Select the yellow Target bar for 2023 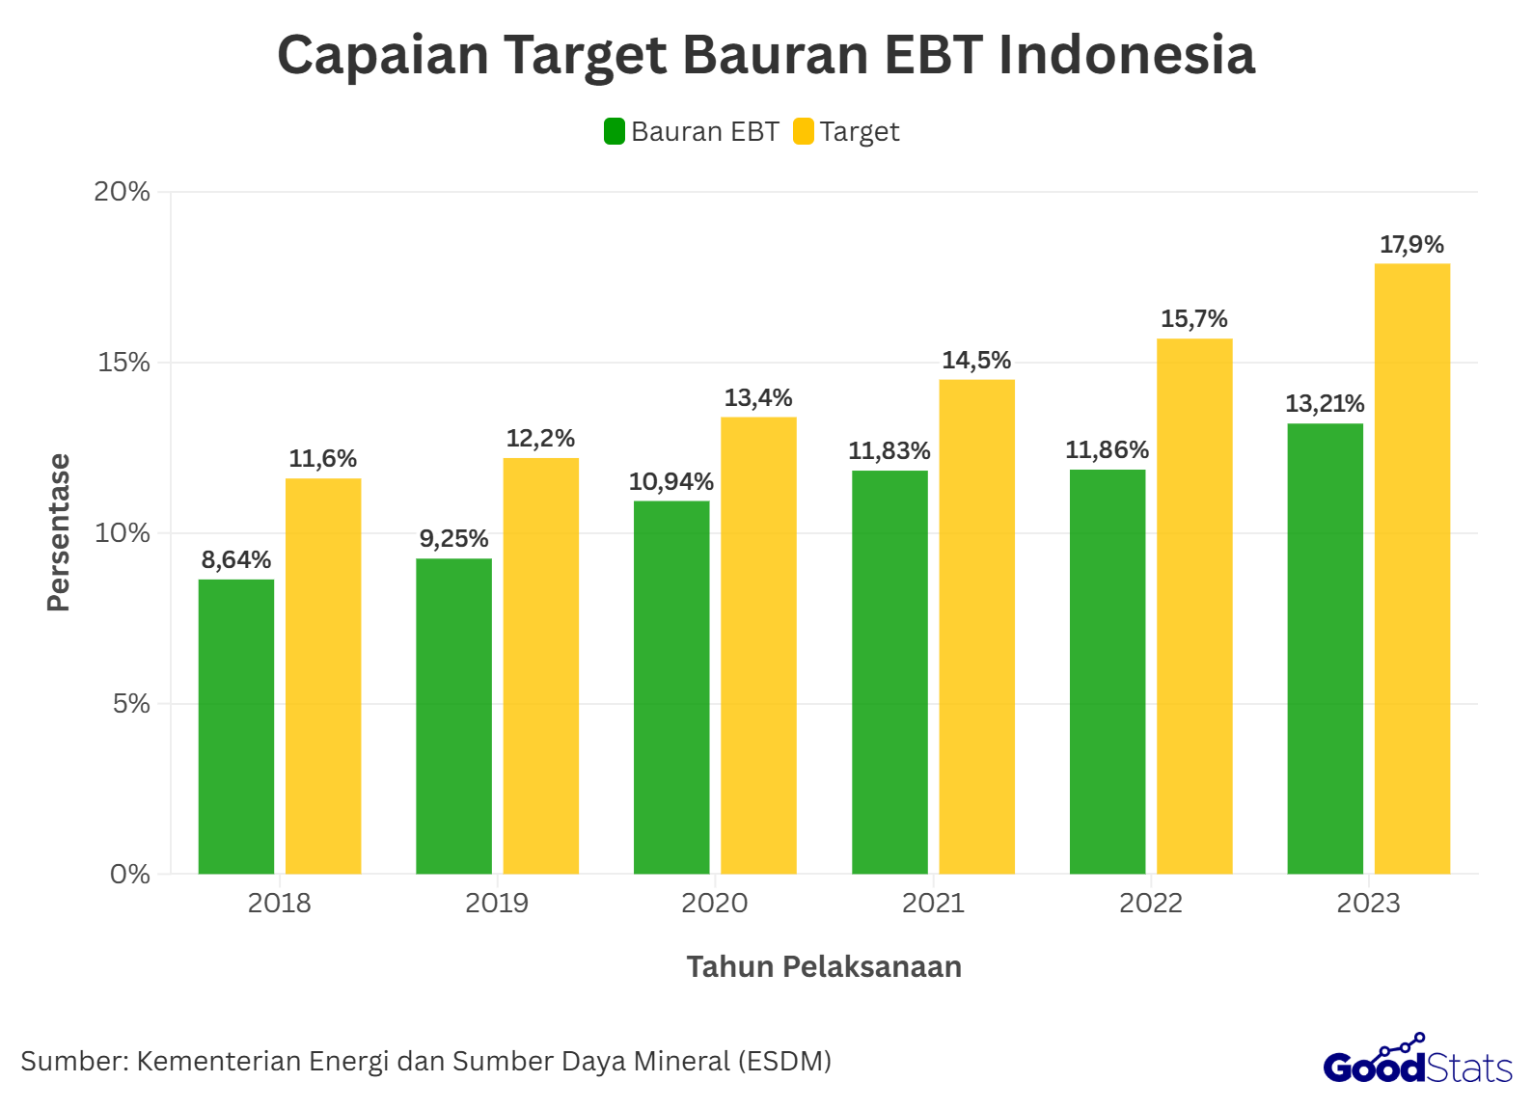[1412, 569]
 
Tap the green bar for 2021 [889, 672]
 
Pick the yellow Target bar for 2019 [541, 665]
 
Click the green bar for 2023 [1326, 648]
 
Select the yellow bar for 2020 [759, 645]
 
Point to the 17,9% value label [1411, 245]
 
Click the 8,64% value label [236, 560]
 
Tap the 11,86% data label [1108, 450]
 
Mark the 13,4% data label [758, 398]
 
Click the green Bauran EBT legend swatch [615, 131]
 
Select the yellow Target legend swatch [804, 131]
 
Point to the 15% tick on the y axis [123, 363]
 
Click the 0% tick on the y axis [130, 875]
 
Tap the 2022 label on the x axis [1150, 904]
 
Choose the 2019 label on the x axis [497, 904]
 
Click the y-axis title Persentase [59, 532]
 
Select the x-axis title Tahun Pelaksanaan [824, 967]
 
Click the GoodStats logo [1417, 1061]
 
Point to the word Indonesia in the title [1127, 55]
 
